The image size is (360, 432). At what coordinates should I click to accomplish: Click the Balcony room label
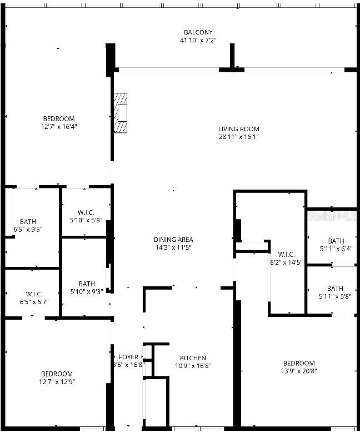(x=198, y=32)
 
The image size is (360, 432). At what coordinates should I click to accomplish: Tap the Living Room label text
(x=238, y=129)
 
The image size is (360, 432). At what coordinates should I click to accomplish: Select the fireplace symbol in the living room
(x=121, y=113)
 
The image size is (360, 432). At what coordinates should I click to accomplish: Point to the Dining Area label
(x=173, y=240)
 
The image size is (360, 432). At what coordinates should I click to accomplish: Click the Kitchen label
(x=193, y=358)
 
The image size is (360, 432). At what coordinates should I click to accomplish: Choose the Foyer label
(x=128, y=357)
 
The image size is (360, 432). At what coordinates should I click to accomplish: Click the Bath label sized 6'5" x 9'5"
(x=28, y=229)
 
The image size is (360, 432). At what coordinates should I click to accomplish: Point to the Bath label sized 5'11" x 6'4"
(x=336, y=249)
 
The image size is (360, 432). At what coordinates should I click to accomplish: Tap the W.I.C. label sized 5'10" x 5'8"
(x=86, y=220)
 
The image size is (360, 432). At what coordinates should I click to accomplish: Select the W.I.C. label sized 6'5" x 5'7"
(x=34, y=302)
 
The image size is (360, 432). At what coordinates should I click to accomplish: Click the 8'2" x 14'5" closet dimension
(x=286, y=262)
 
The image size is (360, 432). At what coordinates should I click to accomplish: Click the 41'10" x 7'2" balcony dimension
(x=198, y=40)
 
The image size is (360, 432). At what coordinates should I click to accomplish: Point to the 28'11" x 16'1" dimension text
(x=238, y=136)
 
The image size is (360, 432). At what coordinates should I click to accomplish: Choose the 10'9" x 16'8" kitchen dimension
(x=193, y=366)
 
